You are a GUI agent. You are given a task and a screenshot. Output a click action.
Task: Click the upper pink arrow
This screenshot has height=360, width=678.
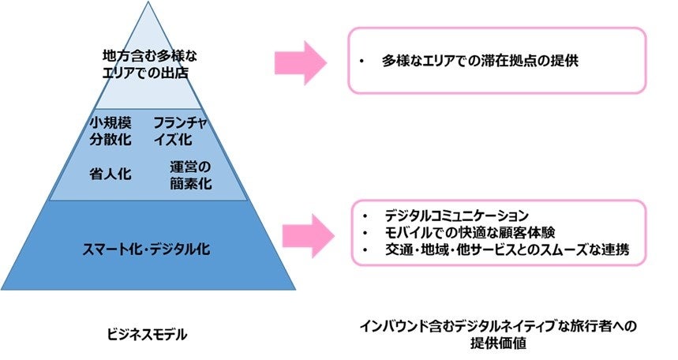click(300, 61)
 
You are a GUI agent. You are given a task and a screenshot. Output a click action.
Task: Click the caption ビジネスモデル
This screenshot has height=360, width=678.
click(147, 335)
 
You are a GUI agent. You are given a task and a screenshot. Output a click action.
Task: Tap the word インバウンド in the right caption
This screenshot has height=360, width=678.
click(392, 326)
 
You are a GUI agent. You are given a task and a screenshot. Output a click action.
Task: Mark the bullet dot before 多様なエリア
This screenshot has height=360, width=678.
click(361, 61)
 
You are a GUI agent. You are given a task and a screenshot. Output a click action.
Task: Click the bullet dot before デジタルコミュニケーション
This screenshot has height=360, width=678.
click(364, 215)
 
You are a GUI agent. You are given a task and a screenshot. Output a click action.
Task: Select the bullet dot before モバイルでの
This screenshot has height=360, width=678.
click(364, 233)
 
